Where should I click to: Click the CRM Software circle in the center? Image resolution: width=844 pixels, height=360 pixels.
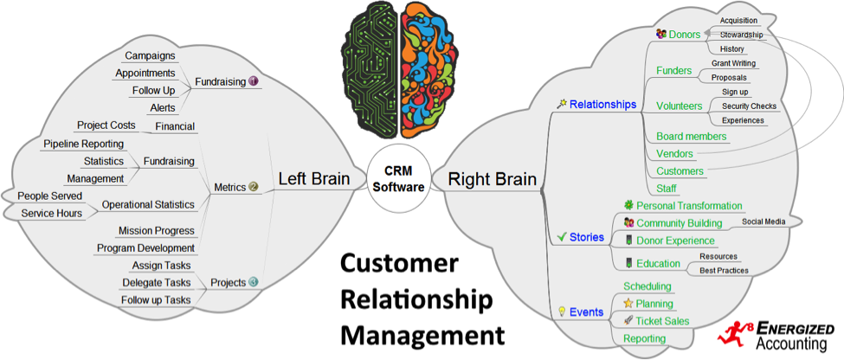[399, 180]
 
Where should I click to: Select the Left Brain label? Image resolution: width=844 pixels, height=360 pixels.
[313, 180]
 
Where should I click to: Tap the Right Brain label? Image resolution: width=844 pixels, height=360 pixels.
[491, 180]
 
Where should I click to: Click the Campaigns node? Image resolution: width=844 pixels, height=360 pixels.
[151, 55]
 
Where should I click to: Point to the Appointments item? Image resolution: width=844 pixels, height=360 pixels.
[145, 73]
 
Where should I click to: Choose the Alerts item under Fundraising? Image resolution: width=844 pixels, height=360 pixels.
[162, 107]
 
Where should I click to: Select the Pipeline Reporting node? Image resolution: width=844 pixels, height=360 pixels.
[83, 144]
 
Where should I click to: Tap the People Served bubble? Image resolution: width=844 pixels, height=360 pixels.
[49, 196]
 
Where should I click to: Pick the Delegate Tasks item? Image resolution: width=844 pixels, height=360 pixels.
[156, 282]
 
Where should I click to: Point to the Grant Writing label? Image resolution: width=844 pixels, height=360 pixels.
[734, 63]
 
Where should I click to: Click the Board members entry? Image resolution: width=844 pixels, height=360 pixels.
[692, 137]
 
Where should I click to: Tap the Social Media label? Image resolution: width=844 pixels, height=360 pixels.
[763, 222]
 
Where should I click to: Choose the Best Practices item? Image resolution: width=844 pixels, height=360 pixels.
[724, 270]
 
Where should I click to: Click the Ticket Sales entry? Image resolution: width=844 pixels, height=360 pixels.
[662, 321]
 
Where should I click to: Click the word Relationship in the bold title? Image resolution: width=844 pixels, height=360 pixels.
[414, 299]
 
